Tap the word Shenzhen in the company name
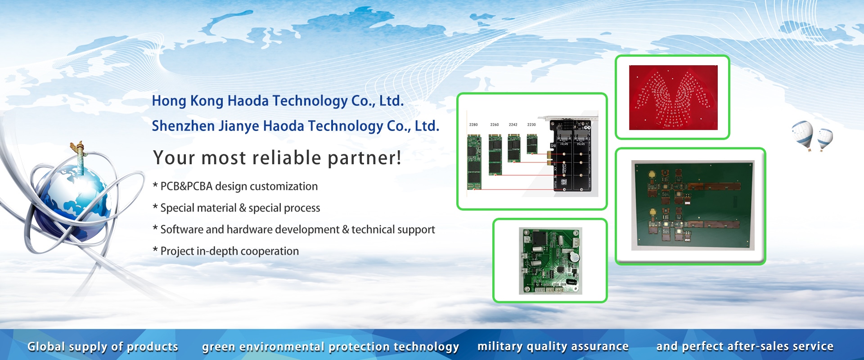[x=183, y=126]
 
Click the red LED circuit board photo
[x=673, y=98]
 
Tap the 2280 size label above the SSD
[x=473, y=125]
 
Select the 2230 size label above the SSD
[x=531, y=125]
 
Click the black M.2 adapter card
[x=571, y=155]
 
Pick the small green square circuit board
[x=550, y=261]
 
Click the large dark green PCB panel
[x=693, y=205]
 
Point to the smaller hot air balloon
[x=825, y=139]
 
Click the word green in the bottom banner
[x=219, y=347]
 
